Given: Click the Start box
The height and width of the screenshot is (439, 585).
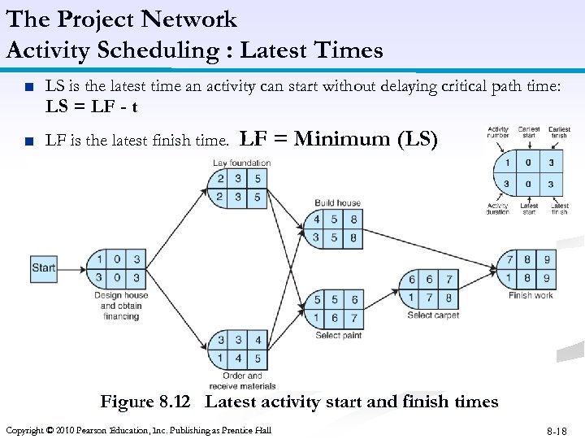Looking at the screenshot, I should [x=44, y=267].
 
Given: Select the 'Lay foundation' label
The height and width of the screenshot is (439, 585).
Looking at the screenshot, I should [x=241, y=163].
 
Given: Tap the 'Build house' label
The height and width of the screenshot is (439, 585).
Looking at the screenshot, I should [x=337, y=202].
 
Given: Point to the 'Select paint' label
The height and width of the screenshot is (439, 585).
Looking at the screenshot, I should [x=338, y=335].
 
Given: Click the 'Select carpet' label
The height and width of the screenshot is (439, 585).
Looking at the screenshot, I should [x=433, y=315].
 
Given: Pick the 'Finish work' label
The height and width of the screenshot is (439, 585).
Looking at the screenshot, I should [x=531, y=296].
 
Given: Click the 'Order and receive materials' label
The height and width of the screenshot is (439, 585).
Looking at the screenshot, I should [x=242, y=380].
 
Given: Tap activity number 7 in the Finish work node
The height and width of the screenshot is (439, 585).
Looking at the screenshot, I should [x=510, y=260].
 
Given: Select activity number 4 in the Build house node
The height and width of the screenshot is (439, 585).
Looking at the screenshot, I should [x=317, y=219].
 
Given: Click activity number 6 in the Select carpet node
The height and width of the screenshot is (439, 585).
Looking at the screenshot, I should [x=413, y=280].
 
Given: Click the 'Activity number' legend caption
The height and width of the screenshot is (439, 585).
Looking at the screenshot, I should [x=498, y=133].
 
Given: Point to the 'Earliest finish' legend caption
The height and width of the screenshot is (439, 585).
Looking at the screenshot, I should [x=559, y=133].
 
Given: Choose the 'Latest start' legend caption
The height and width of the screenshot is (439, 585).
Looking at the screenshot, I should [x=529, y=209].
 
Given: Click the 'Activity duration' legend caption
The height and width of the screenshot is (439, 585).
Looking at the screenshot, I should [x=498, y=209].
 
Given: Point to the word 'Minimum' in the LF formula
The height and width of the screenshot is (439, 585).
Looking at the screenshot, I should [x=341, y=139].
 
